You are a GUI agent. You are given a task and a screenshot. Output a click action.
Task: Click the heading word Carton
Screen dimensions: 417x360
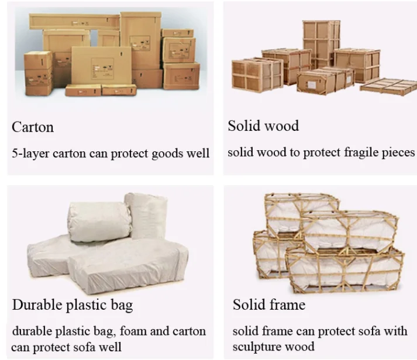(33, 127)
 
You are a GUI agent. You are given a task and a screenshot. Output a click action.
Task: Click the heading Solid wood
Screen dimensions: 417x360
(263, 126)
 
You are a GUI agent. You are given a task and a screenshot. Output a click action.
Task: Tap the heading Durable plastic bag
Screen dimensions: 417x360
(72, 304)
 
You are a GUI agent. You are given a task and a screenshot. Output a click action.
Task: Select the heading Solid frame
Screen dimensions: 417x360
(269, 304)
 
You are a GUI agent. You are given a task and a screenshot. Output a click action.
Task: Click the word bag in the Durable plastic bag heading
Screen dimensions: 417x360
(121, 304)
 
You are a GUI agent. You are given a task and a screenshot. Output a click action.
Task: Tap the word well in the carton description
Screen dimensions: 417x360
(198, 154)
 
